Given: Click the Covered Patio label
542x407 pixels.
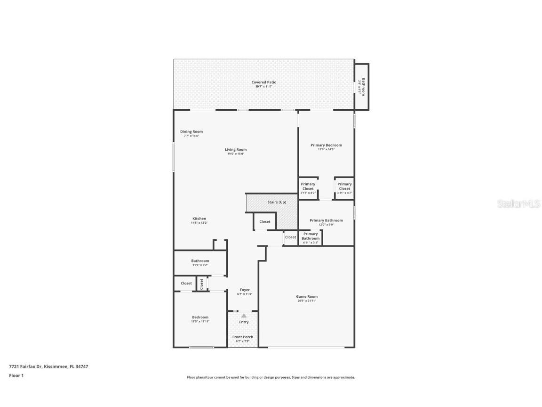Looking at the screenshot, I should [x=263, y=82].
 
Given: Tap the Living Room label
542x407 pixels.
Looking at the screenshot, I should [x=236, y=149].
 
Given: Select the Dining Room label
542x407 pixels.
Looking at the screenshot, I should [x=191, y=131].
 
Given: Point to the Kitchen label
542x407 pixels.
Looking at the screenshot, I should [x=199, y=219].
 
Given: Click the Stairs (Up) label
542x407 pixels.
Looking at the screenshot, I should [x=276, y=202].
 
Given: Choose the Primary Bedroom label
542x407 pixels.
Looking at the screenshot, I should [x=326, y=145].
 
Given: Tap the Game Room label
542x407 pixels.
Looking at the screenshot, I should [x=307, y=297].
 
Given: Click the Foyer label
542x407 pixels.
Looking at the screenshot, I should [x=245, y=290].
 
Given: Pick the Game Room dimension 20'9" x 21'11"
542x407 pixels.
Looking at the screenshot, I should [x=307, y=301].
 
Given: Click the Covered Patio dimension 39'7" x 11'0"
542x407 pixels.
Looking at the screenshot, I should [x=263, y=87].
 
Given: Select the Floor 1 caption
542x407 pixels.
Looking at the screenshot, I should [x=16, y=375].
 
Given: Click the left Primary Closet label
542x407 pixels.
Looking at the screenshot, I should [x=308, y=187].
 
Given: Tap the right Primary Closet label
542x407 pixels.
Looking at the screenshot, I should [x=344, y=187].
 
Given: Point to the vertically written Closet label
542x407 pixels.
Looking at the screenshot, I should [x=202, y=284].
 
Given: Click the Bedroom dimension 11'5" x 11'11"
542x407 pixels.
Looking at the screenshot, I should [x=200, y=321].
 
